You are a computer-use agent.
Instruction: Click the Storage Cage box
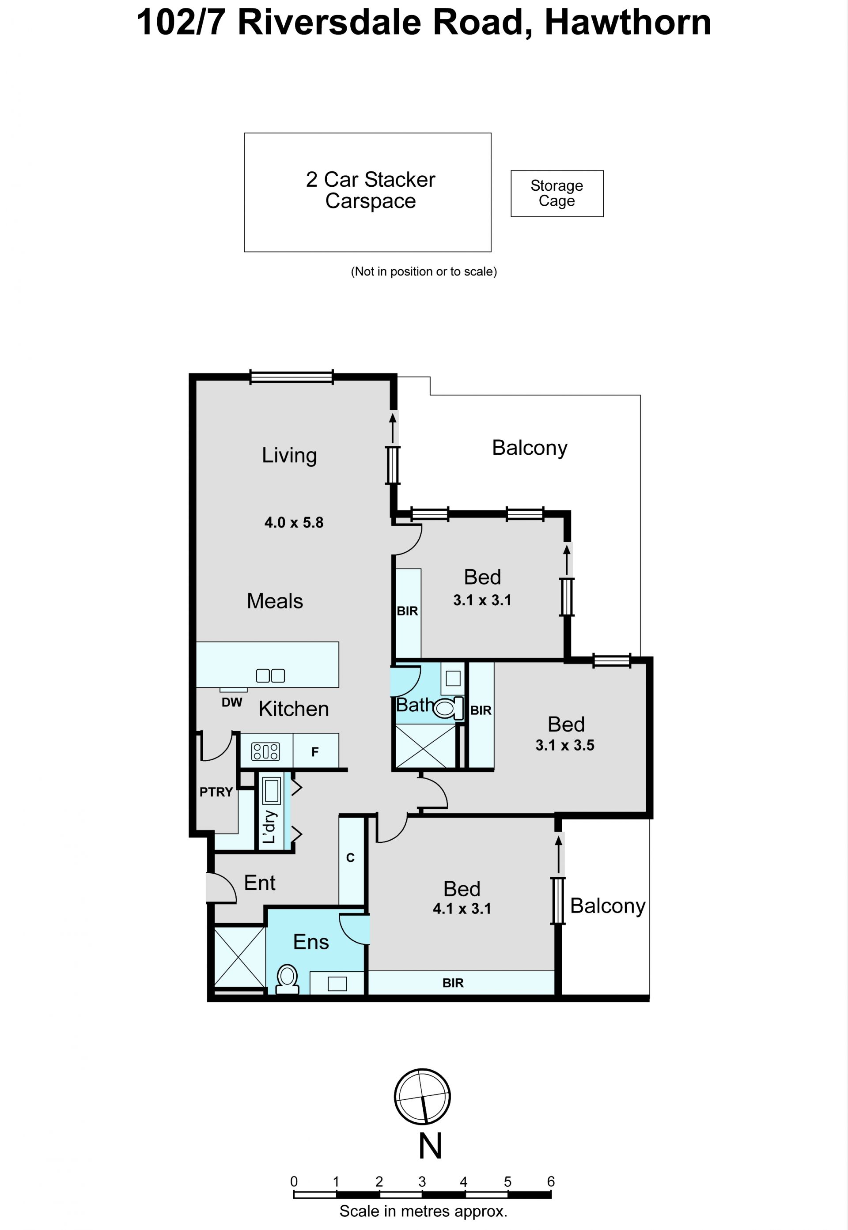(557, 193)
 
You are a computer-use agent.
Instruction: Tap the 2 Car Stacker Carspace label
(370, 190)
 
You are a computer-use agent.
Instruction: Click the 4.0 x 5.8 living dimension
(294, 523)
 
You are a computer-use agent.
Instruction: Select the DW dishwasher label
(232, 702)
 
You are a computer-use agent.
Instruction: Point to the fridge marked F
(315, 751)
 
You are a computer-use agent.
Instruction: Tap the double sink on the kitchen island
(270, 675)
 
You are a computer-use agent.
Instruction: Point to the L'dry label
(269, 826)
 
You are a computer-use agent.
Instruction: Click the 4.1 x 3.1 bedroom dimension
(462, 909)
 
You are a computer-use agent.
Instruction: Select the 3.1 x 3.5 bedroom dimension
(565, 745)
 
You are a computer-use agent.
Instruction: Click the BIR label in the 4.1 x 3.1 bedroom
(453, 983)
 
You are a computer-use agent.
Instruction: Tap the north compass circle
(422, 1097)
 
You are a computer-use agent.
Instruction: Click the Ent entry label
(259, 883)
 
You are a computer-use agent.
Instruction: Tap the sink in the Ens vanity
(337, 984)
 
